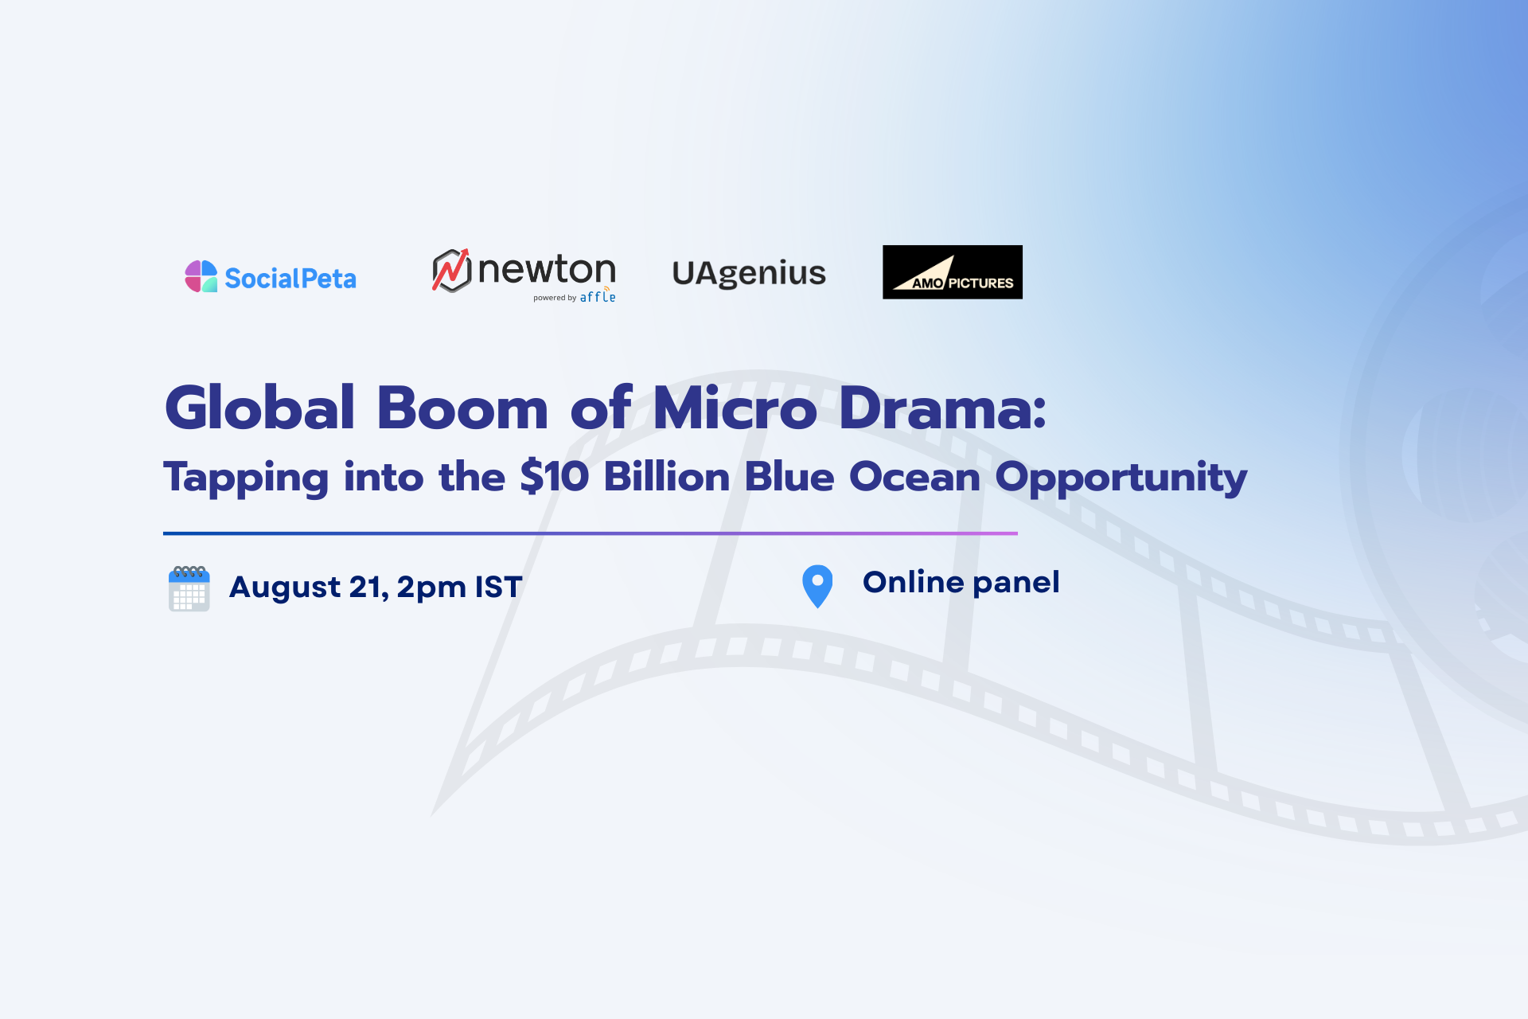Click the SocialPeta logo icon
coord(201,276)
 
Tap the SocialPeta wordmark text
coord(290,279)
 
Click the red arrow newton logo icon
coord(451,271)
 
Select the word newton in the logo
coord(547,270)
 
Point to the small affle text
coord(598,296)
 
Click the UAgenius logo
coord(749,273)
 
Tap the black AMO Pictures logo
coord(953,272)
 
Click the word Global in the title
coord(259,408)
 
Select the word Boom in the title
coord(462,408)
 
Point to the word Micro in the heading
coord(735,408)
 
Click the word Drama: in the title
coord(943,408)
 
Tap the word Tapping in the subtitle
coord(246,478)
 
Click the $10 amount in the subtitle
coord(554,477)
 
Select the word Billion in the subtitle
coord(667,477)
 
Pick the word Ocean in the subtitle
coord(914,477)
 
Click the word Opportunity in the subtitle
coord(1121,478)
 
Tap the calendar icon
coord(189,588)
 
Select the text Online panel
coord(961,583)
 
